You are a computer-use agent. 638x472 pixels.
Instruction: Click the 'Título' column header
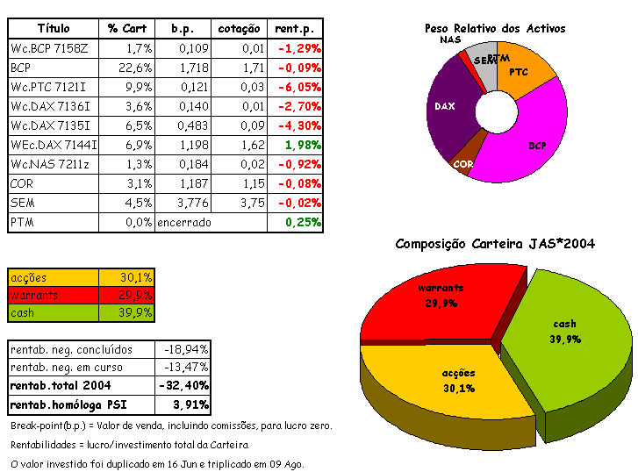point(52,29)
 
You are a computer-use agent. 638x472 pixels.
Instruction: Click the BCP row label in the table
point(21,67)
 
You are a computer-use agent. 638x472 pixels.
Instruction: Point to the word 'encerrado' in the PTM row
point(184,223)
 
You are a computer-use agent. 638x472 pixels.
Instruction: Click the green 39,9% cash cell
point(135,312)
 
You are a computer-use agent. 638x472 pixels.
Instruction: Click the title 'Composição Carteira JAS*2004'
point(495,244)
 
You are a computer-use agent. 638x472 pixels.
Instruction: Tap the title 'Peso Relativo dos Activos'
point(495,29)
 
